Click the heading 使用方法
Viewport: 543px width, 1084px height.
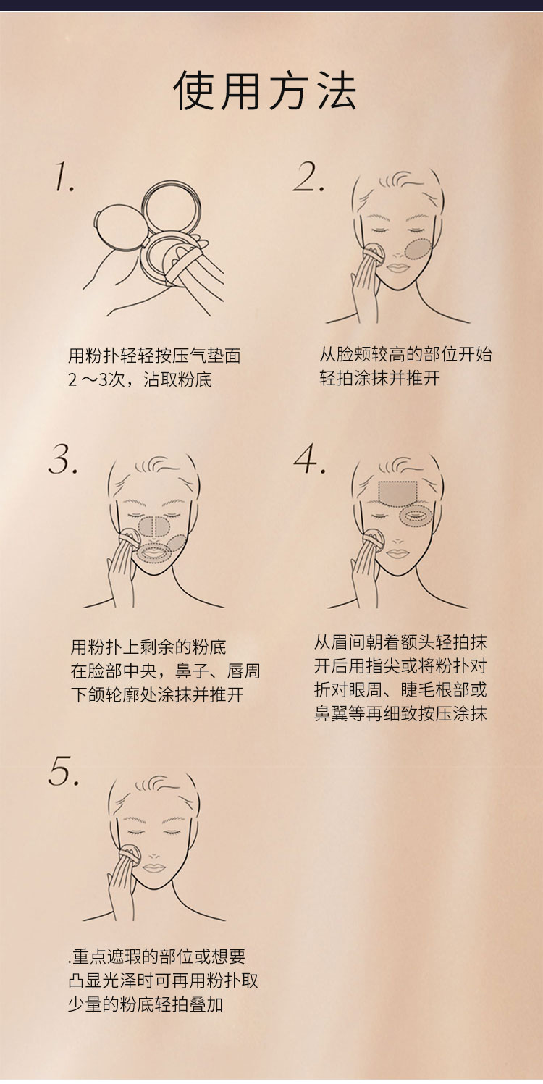tap(265, 91)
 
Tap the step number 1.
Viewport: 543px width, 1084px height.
tap(64, 177)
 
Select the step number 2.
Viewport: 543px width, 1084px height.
tap(308, 177)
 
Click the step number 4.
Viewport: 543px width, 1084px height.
tap(309, 458)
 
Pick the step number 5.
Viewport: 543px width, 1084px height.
tap(64, 770)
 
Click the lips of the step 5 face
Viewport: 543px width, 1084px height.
tap(153, 867)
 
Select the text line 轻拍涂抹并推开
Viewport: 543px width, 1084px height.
tap(380, 378)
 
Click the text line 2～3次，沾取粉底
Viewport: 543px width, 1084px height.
tap(140, 379)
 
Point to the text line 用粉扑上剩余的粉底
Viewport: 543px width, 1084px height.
tap(148, 647)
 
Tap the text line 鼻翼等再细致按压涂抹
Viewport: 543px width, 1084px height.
tap(400, 713)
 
